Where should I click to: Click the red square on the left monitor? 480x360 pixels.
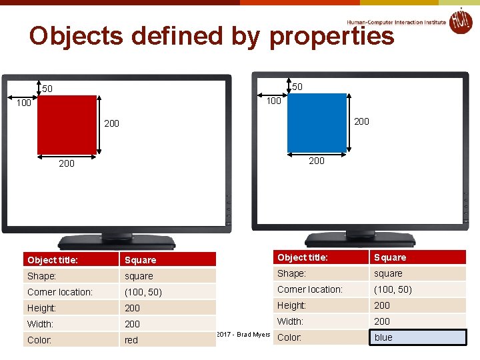(x=67, y=125)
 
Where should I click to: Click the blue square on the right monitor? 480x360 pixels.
(x=317, y=123)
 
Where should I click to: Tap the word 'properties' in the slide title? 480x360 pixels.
(x=331, y=37)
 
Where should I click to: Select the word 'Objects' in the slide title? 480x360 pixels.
(x=76, y=36)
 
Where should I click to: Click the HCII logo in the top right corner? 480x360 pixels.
(x=460, y=21)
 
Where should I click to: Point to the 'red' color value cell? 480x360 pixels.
(x=167, y=340)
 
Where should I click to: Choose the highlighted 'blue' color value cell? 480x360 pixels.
(x=418, y=337)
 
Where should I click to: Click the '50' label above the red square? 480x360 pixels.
(x=47, y=89)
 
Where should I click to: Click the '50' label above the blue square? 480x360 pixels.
(x=297, y=87)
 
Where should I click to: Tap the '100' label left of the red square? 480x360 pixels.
(x=24, y=103)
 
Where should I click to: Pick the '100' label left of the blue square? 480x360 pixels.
(x=273, y=101)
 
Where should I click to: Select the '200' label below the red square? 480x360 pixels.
(x=67, y=163)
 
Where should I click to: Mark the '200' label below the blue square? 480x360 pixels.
(x=317, y=161)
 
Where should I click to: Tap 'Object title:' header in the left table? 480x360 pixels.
(x=53, y=260)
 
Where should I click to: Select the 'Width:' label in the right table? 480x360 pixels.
(x=291, y=321)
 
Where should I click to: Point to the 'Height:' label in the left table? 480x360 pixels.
(x=42, y=308)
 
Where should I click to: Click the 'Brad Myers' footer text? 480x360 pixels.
(x=253, y=334)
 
